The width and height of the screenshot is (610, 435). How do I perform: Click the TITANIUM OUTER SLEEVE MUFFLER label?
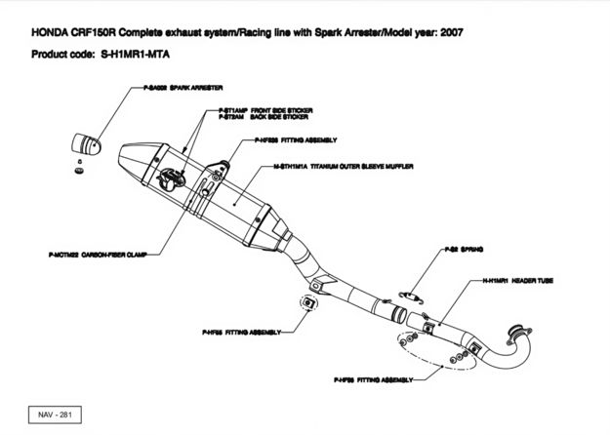point(343,167)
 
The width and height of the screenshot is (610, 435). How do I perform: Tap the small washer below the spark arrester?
point(77,170)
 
